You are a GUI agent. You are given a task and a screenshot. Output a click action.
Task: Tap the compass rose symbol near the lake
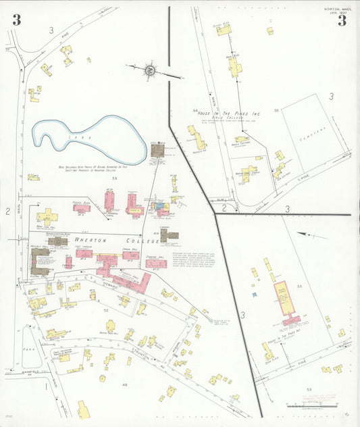[149, 70]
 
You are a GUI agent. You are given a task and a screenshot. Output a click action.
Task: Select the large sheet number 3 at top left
[16, 20]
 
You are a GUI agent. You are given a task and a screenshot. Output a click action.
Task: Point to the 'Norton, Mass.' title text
[336, 9]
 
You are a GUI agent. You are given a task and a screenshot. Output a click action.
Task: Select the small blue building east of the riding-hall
[253, 294]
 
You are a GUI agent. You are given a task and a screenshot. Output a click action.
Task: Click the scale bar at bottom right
[307, 407]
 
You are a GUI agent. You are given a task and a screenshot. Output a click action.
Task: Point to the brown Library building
[168, 236]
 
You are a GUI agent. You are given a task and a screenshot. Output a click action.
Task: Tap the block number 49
[124, 384]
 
